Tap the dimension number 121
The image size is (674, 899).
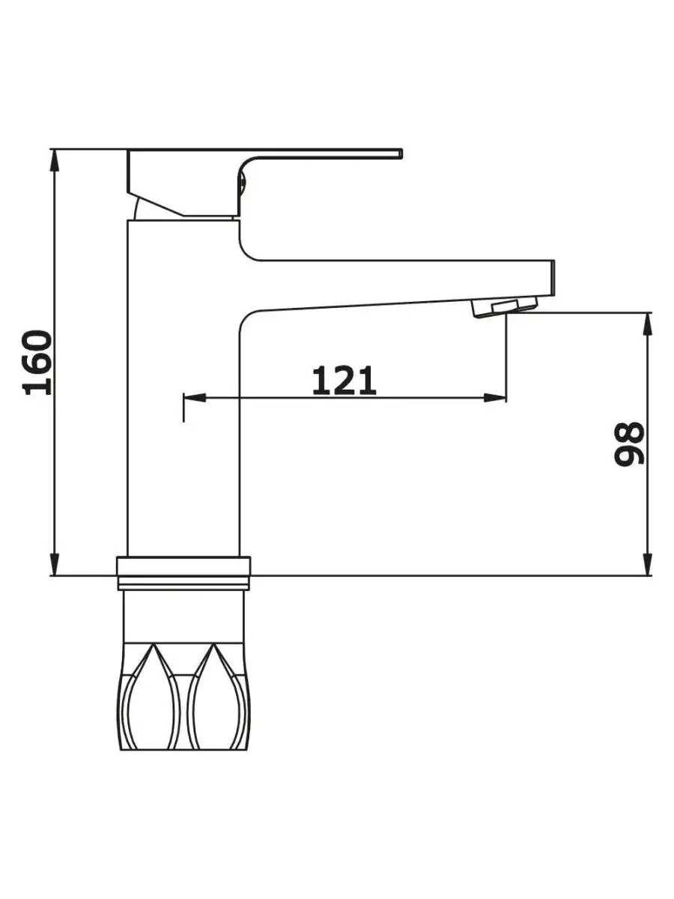click(x=344, y=381)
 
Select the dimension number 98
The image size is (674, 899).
click(x=629, y=444)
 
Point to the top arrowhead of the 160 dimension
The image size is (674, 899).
click(x=55, y=160)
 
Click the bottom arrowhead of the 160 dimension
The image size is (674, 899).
click(x=55, y=565)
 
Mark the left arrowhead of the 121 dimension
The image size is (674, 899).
click(x=195, y=397)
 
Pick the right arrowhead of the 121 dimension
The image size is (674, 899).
click(x=495, y=397)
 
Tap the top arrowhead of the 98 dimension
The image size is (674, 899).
click(x=647, y=324)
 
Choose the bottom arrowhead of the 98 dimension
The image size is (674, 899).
click(x=647, y=565)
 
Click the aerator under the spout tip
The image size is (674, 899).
click(x=504, y=307)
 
